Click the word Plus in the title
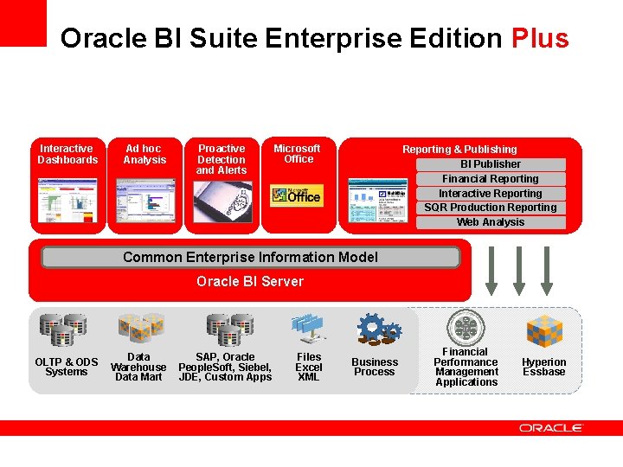(x=540, y=39)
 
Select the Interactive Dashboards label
(x=67, y=154)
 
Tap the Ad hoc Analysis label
(x=145, y=154)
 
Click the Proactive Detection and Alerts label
(x=222, y=159)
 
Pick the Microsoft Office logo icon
(x=296, y=195)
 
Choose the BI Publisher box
(x=491, y=164)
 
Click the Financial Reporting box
(x=491, y=179)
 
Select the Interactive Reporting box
(x=491, y=194)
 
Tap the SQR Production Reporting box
(x=491, y=208)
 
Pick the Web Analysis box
(x=491, y=222)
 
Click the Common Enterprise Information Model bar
(x=250, y=257)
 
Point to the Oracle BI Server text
(x=250, y=281)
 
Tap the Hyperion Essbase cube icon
(x=544, y=330)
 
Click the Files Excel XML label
(x=309, y=367)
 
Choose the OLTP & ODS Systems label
(x=67, y=367)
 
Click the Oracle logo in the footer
(x=551, y=427)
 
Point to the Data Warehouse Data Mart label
(x=138, y=367)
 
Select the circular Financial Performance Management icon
(x=466, y=327)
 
